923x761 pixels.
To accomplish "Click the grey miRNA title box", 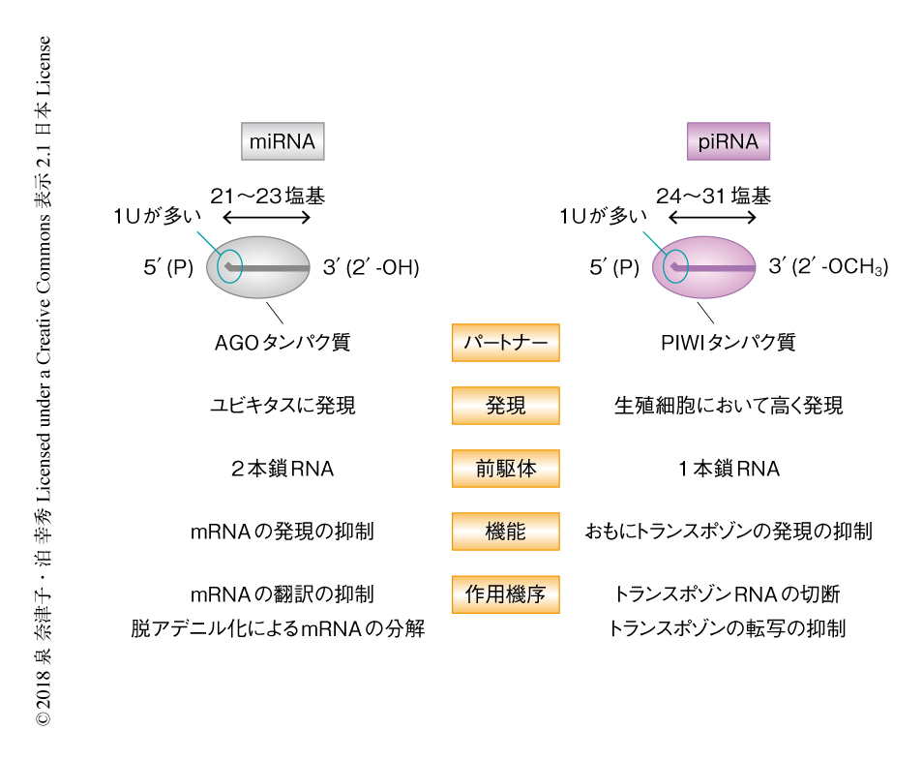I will (283, 142).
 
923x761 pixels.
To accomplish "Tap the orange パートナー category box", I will (505, 343).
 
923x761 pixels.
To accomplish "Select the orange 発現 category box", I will (505, 406).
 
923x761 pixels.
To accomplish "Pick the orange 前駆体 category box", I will (505, 469).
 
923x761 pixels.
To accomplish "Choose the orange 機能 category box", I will (505, 531).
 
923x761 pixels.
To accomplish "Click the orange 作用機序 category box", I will (505, 594).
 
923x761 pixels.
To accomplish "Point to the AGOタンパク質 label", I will (283, 343).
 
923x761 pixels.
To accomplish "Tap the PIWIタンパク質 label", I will (729, 343).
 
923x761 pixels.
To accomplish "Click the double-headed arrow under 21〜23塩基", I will (268, 218).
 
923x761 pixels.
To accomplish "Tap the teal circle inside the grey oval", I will (228, 265).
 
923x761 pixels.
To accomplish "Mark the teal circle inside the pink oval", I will (674, 265).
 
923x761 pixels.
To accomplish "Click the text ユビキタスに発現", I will (283, 406).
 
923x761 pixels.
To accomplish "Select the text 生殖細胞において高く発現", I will (729, 406).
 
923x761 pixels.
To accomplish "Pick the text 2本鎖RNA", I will (283, 470).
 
